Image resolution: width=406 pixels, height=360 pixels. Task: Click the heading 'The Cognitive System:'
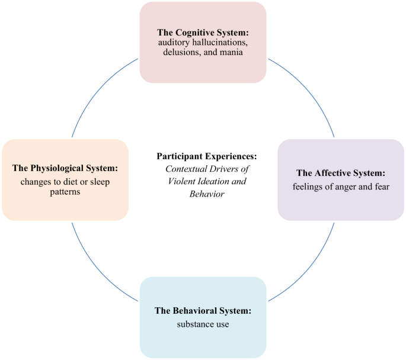coord(203,32)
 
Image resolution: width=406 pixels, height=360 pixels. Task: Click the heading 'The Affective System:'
coord(341,173)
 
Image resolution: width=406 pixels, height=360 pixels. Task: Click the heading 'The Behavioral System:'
coord(203,310)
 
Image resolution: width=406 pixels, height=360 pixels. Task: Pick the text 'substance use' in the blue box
coord(203,324)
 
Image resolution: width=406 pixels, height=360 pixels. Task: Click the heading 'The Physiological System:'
coord(65,168)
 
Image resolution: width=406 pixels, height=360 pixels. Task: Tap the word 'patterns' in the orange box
coord(65,192)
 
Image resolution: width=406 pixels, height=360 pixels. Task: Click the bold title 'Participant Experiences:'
coord(207,156)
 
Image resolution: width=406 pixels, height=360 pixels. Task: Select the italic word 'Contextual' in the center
coord(185,169)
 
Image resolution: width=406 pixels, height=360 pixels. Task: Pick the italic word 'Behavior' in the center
coord(207,194)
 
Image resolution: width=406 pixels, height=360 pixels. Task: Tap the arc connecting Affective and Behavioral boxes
coord(311,266)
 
